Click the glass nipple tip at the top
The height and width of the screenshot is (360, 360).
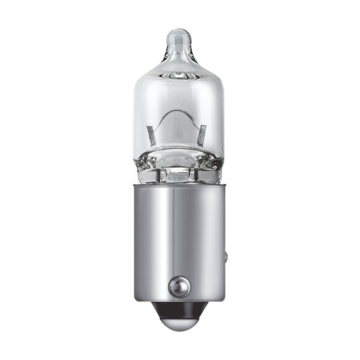pyautogui.click(x=179, y=36)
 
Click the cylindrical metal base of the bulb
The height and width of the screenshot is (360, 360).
pyautogui.click(x=180, y=239)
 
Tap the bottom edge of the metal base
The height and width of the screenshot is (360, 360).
pyautogui.click(x=180, y=301)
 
